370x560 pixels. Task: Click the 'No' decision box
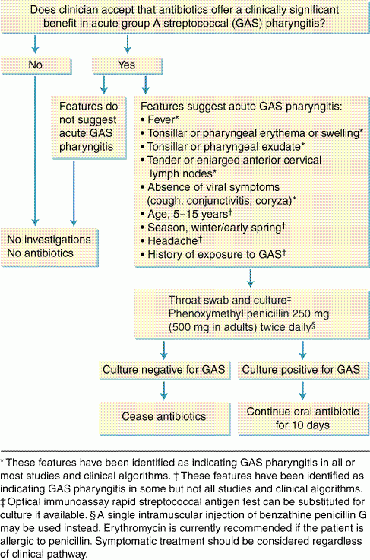36,65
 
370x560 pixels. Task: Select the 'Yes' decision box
127,65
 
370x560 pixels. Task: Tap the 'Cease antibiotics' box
164,418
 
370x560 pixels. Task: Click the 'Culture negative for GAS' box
164,370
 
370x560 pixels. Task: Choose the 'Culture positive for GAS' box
302,370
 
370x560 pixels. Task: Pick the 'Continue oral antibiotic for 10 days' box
302,418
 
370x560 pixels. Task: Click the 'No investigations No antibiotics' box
49,247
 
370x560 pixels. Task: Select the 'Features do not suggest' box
88,127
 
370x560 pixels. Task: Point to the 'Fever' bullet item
160,119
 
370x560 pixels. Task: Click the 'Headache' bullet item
171,240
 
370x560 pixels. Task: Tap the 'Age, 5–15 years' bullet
186,214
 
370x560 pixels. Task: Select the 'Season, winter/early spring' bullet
213,228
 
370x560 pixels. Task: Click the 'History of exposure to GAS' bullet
213,254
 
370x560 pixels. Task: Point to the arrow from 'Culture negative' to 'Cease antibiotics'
164,390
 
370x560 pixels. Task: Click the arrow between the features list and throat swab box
250,278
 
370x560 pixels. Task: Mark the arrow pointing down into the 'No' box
35,44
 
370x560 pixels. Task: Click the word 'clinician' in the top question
83,10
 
